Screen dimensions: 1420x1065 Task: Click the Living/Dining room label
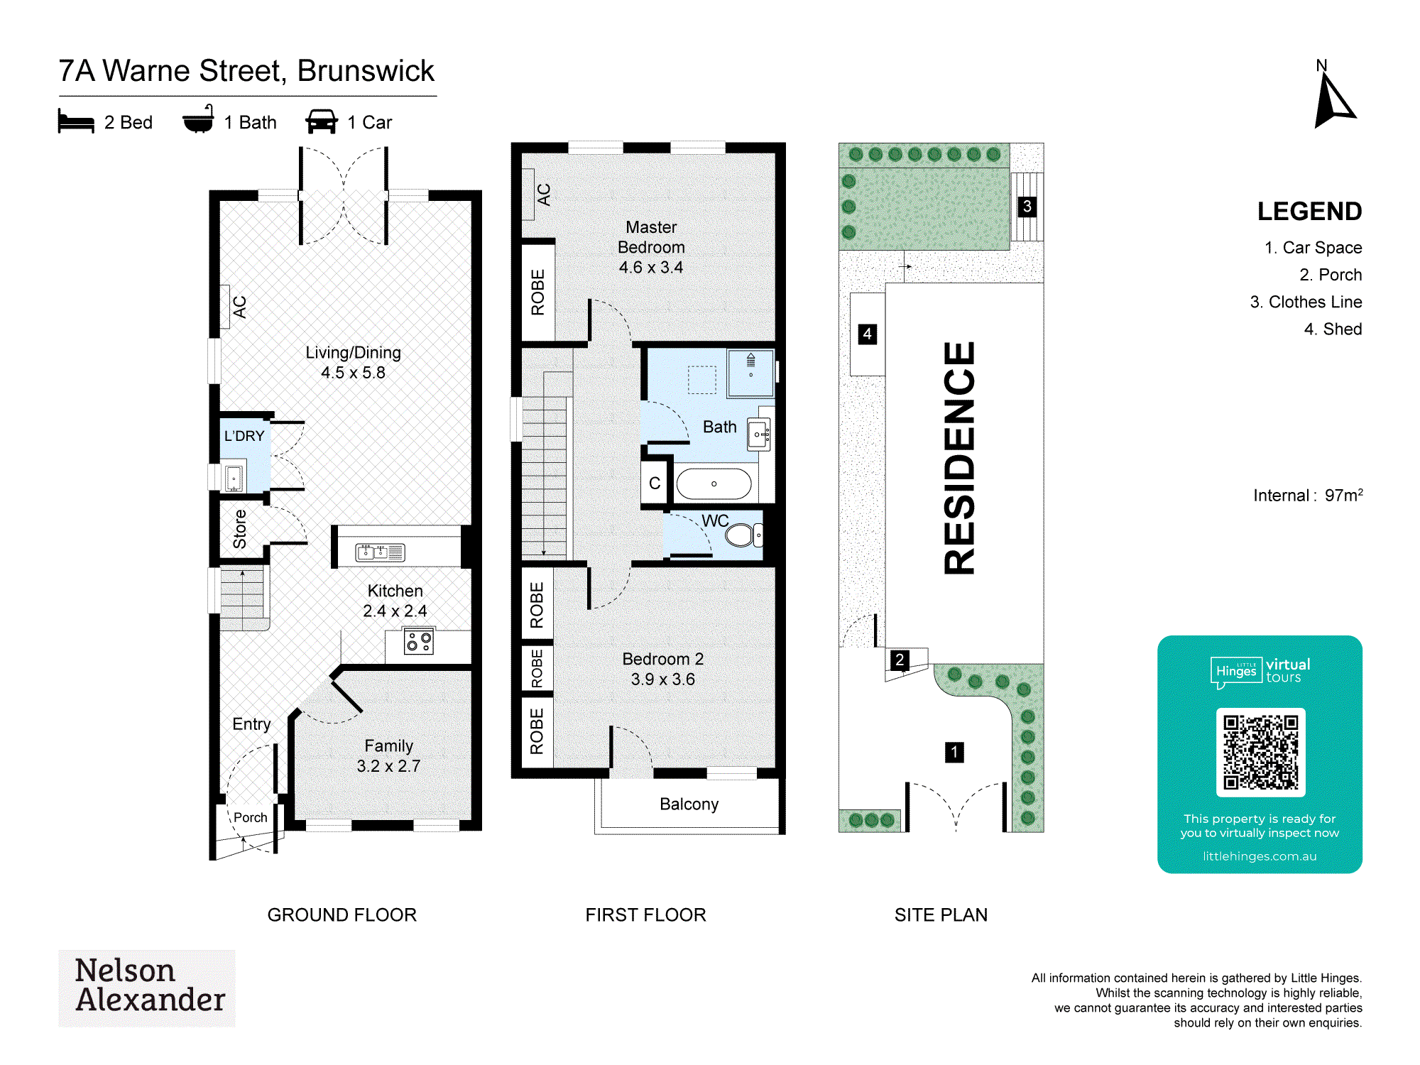coord(353,362)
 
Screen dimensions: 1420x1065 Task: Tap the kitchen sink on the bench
coord(380,552)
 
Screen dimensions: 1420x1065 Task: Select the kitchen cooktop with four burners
coord(418,642)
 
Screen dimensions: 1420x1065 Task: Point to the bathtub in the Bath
coord(714,484)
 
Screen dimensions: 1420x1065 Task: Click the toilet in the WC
coord(742,535)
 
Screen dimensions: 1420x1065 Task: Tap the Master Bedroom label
coord(651,247)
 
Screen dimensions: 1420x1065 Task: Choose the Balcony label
coord(689,804)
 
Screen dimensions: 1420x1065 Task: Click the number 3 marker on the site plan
coord(1027,207)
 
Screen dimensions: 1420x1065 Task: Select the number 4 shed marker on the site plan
coord(867,334)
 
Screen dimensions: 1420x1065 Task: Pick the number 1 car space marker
coord(954,752)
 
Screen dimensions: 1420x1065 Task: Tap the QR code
coord(1260,752)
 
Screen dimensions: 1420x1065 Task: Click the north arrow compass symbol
coord(1334,100)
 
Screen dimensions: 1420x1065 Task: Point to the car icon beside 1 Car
coord(322,121)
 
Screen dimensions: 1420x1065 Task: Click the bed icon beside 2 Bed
coord(76,121)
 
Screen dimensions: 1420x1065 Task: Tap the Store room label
coord(240,529)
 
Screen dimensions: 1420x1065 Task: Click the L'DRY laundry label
coord(244,436)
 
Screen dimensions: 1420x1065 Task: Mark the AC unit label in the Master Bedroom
coord(544,195)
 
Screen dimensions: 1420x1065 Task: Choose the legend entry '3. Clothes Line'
coord(1306,302)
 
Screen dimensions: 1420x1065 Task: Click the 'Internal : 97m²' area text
coord(1308,495)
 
